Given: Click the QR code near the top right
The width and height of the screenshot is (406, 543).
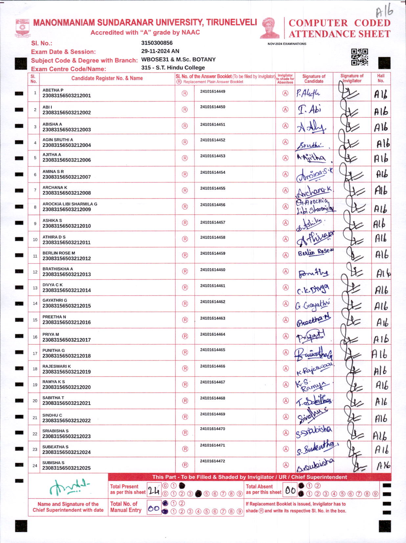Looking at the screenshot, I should [x=359, y=57].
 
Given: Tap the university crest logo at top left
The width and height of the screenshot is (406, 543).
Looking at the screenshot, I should [x=22, y=28].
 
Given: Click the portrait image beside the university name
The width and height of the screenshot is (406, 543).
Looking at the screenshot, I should [x=270, y=28].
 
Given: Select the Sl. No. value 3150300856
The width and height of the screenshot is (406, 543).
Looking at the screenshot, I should [x=157, y=43].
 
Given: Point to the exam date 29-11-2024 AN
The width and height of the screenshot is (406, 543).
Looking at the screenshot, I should [x=160, y=51].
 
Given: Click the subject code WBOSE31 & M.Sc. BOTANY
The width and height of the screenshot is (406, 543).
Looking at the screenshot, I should [x=178, y=59].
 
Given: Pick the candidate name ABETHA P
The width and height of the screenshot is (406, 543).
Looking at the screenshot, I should [x=53, y=90].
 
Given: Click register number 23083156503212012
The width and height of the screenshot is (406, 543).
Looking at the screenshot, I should [x=67, y=258].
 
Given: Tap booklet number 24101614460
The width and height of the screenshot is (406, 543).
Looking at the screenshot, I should [x=213, y=270].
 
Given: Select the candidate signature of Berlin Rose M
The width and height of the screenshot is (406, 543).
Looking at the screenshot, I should [x=315, y=253].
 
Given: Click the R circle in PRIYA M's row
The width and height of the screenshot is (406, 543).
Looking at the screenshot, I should [x=185, y=336].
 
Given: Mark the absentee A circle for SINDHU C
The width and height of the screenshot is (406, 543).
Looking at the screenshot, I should [x=286, y=417].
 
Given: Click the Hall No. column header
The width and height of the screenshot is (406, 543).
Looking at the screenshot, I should [x=381, y=78].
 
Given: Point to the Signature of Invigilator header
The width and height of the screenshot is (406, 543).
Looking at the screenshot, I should [x=352, y=78].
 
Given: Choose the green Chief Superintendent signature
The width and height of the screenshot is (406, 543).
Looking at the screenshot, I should [x=68, y=487].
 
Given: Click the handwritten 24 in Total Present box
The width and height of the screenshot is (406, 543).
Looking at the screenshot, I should [x=154, y=490].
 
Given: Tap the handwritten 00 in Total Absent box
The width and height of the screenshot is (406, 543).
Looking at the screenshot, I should [x=290, y=490].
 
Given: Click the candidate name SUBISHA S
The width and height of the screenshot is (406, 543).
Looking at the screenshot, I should [x=53, y=463].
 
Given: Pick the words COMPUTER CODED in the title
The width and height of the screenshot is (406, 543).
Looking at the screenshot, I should [x=339, y=23].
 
